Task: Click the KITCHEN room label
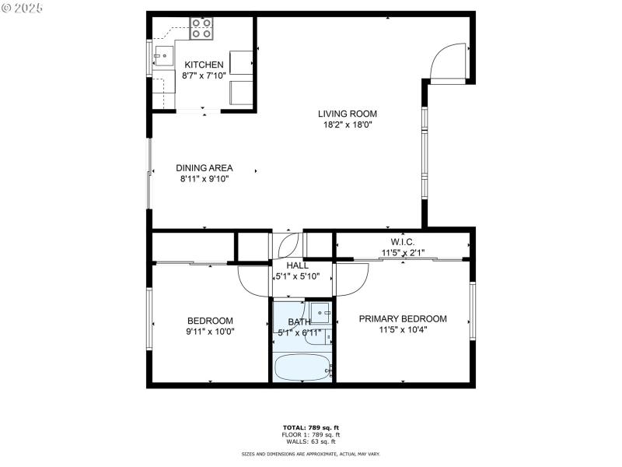pos(204,65)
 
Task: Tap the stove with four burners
pos(201,29)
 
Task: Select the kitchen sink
pos(164,55)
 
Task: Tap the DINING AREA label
pos(204,167)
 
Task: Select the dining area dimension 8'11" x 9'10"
pos(204,178)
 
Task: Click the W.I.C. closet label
pos(402,242)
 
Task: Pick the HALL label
pos(287,265)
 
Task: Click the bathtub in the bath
pos(302,367)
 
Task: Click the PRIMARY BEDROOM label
pos(402,318)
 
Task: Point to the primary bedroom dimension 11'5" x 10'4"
pos(402,329)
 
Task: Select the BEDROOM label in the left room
pos(210,321)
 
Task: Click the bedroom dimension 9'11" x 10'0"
pos(210,332)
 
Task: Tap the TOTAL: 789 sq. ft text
pos(310,427)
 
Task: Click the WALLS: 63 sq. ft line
pos(310,441)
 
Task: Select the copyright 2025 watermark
pos(23,7)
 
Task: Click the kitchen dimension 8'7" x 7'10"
pos(204,76)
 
